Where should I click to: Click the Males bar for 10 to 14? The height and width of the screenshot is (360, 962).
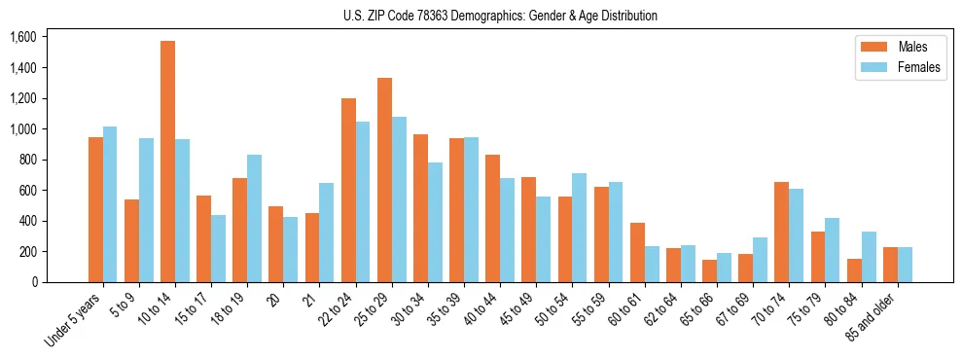167,162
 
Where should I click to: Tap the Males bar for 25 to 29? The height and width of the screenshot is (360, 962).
384,180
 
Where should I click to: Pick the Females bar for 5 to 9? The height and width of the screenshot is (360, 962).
146,210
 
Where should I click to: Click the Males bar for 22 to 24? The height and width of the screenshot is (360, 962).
348,190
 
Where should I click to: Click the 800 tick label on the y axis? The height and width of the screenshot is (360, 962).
27,160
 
